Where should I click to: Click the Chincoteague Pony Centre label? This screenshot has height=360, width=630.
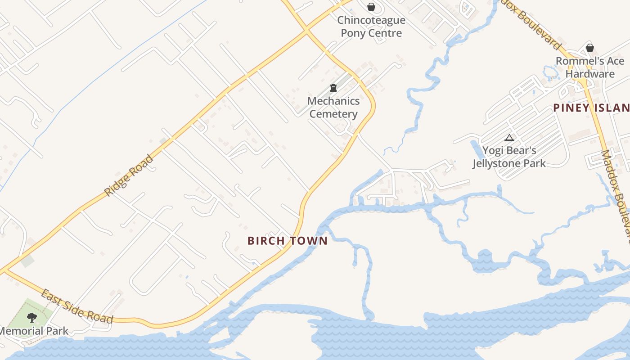[371, 27]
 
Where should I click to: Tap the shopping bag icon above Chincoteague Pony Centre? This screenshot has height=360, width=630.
[371, 7]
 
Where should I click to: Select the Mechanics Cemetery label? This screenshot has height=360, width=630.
[333, 108]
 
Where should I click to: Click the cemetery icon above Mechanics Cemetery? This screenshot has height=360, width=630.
[333, 88]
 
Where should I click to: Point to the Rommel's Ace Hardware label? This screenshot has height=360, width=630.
[590, 67]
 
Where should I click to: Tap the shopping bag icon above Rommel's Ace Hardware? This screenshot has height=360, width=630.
[590, 47]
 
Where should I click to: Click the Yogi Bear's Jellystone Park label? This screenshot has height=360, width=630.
[509, 157]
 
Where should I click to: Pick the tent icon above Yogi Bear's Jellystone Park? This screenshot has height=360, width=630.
[509, 138]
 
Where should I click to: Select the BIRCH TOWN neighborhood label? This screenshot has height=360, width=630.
[288, 241]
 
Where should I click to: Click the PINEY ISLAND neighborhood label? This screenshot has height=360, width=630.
[591, 108]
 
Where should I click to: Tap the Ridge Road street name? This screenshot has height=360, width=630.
[129, 175]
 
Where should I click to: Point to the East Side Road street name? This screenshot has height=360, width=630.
[76, 307]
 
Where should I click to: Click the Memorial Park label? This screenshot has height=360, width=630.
[34, 331]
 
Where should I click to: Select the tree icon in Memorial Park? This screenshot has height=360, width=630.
[31, 318]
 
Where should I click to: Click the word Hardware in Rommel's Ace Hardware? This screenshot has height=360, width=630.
[590, 74]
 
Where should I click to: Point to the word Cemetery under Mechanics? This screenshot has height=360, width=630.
[333, 114]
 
